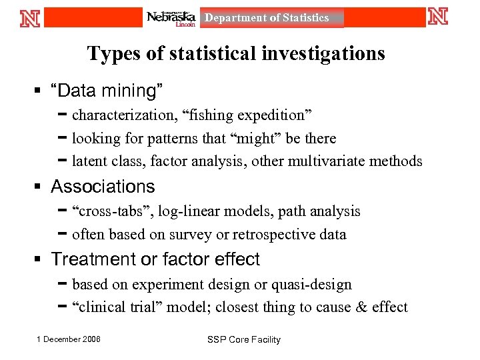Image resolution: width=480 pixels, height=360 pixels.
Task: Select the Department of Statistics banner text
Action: click(x=267, y=18)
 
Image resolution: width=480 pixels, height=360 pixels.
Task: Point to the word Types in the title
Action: click(x=110, y=53)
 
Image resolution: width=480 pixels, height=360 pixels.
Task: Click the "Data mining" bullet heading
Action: click(x=107, y=90)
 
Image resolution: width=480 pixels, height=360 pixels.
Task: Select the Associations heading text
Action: click(x=103, y=187)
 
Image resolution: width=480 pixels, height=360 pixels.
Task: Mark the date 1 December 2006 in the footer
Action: click(x=69, y=339)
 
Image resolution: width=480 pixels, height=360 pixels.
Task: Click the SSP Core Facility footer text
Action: click(x=244, y=340)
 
